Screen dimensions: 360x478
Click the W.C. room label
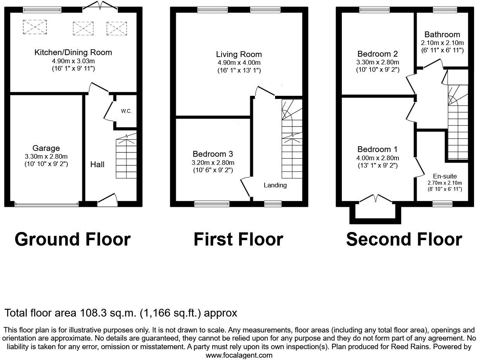126,111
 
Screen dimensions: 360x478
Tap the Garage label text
46,148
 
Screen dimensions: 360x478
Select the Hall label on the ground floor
97,164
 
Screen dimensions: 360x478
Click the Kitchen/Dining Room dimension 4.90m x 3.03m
73,61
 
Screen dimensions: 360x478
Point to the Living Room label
239,54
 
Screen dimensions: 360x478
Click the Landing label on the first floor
275,185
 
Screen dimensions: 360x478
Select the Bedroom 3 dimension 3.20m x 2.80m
213,163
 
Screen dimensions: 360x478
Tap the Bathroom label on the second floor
442,35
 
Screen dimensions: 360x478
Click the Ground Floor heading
73,239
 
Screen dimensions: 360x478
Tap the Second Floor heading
404,239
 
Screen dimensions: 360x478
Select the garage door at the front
46,203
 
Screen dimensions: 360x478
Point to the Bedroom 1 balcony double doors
376,199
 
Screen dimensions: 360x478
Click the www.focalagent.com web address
239,355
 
